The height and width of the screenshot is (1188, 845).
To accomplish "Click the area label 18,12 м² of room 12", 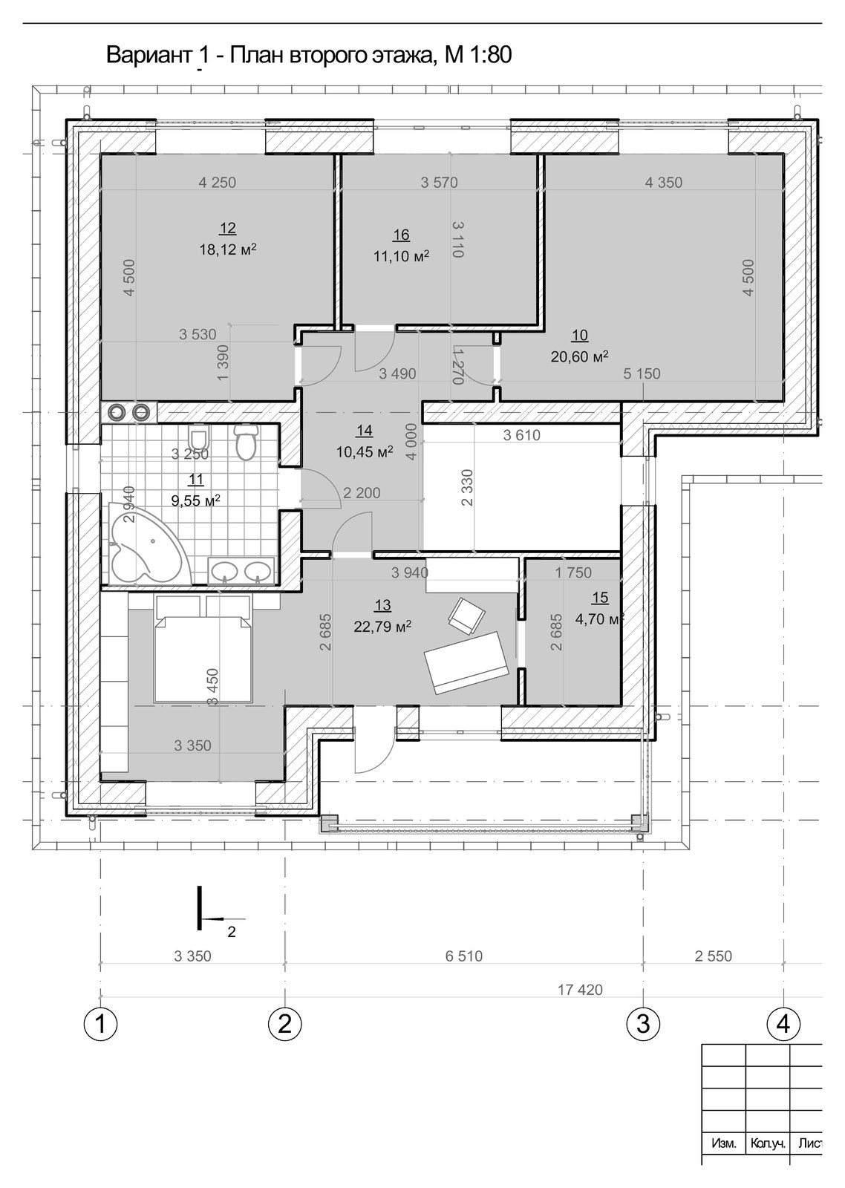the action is tap(228, 249).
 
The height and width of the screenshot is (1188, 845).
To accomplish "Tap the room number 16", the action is tap(402, 235).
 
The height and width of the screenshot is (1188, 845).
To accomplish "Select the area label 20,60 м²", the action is tap(579, 356).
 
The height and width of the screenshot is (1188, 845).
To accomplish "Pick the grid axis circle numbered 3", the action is tap(643, 1023).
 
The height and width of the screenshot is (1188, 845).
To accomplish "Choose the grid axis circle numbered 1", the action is tap(100, 1023).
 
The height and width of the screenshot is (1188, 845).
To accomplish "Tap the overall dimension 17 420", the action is tap(581, 990).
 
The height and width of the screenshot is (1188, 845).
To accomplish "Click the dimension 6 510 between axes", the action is tap(463, 956).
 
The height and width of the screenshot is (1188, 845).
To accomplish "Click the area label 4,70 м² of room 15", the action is tap(599, 619).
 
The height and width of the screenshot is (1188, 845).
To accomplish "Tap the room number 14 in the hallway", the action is tap(365, 430).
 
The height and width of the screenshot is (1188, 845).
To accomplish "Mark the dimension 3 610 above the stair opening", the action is tap(521, 435).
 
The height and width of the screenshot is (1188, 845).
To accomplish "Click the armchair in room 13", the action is tap(467, 616).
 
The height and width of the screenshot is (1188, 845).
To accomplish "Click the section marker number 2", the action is tap(231, 932).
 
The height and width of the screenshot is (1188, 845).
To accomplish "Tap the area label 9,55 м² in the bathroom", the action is tap(196, 500).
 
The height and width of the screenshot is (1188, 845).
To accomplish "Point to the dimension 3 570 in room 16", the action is tap(440, 183).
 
